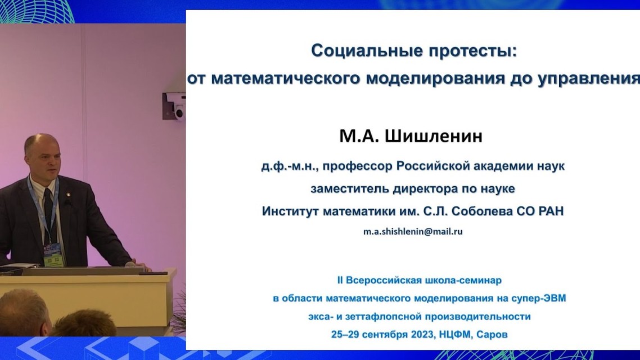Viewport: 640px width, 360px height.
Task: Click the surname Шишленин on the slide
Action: (434, 136)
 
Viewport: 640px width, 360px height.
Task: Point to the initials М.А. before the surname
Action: (359, 136)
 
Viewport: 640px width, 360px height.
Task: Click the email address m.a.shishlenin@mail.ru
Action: (413, 231)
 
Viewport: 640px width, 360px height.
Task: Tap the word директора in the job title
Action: (425, 188)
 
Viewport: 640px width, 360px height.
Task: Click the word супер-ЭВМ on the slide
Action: (538, 298)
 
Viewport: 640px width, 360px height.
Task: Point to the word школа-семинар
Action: (463, 281)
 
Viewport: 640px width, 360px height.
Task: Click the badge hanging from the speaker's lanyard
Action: (53, 255)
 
